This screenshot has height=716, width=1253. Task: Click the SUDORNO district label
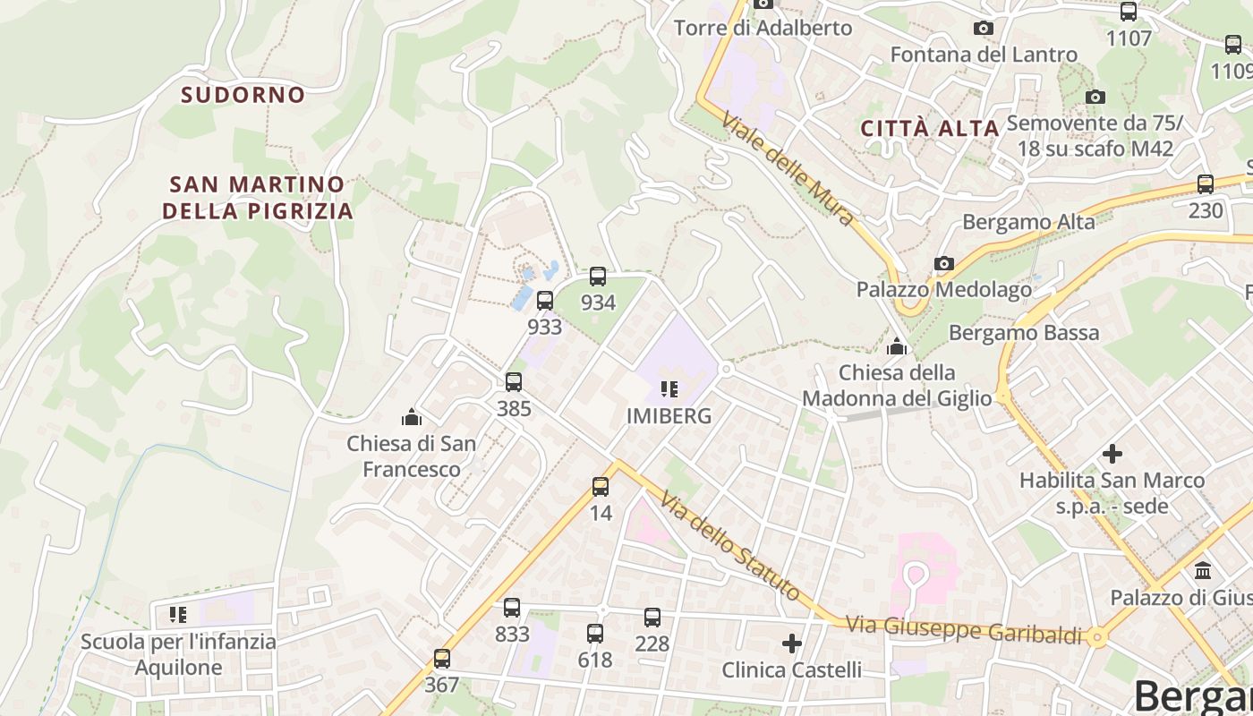click(x=243, y=94)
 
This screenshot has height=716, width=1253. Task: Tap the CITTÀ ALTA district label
click(x=930, y=128)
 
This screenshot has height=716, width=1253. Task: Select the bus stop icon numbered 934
click(x=598, y=277)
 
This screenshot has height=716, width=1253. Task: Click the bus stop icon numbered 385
click(x=514, y=382)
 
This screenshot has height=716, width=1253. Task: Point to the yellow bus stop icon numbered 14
click(x=601, y=487)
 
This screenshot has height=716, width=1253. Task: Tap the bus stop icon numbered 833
click(x=512, y=608)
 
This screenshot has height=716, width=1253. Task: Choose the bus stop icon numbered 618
click(x=595, y=634)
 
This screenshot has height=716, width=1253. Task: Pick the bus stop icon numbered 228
click(x=652, y=617)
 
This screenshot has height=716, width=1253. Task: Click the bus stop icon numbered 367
click(x=442, y=659)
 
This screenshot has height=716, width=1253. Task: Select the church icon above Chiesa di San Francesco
click(x=412, y=417)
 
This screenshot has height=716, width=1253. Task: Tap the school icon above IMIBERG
click(x=669, y=389)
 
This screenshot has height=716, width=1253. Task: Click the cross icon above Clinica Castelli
click(x=792, y=644)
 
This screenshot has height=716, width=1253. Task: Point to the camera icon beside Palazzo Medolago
click(x=943, y=263)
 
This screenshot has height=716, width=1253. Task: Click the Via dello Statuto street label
click(x=731, y=545)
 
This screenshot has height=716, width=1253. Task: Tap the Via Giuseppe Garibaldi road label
click(x=964, y=629)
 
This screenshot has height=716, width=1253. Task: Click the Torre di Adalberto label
click(x=763, y=28)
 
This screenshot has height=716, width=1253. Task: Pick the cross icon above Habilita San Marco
click(x=1112, y=454)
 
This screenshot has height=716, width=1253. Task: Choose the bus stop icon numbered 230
click(x=1206, y=184)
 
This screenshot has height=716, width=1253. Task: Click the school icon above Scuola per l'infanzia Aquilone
click(x=178, y=615)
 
